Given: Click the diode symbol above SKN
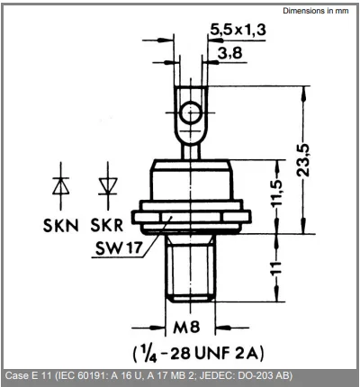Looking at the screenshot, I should point(60,187).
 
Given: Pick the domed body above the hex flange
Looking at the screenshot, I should point(189,180).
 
